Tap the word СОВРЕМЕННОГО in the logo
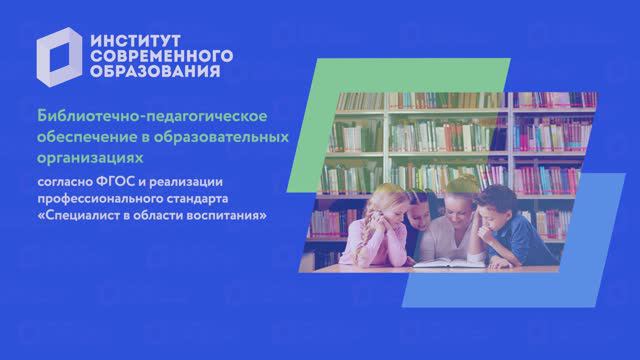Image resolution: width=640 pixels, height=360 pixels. tap(160, 56)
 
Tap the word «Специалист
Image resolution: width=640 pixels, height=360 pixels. tap(80, 216)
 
